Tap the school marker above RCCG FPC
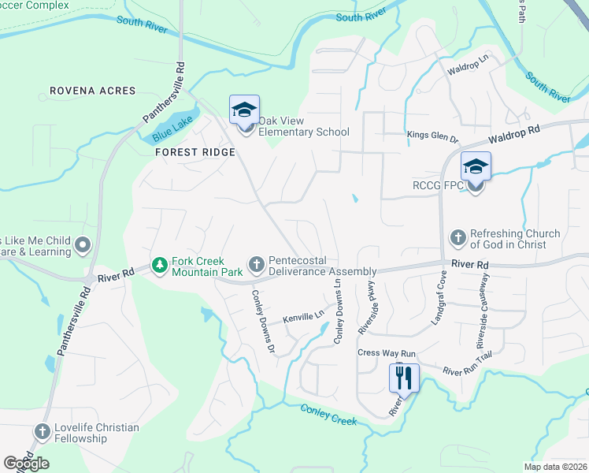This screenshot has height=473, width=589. coord(475,167)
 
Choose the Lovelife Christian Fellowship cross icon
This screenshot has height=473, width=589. coord(42,433)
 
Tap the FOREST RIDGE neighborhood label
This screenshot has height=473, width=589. coord(194,151)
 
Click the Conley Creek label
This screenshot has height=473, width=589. coord(329,414)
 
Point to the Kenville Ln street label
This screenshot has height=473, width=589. coord(304,315)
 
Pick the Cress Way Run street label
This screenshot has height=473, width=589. coord(386,353)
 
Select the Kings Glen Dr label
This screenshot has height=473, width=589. coord(432,136)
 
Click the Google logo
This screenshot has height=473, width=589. coord(26,464)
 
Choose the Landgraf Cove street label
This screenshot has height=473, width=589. coord(439,298)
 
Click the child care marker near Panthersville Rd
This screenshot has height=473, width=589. coord(82,246)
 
